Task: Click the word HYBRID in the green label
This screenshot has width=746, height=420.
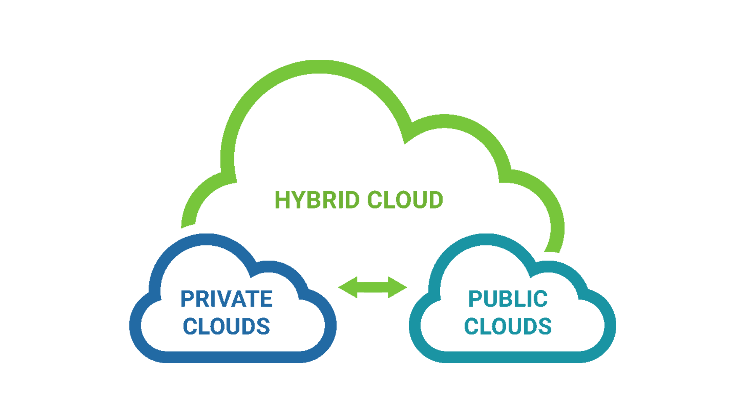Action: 317,200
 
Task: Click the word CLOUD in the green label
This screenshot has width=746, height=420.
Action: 405,200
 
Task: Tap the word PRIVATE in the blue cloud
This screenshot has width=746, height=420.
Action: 227,299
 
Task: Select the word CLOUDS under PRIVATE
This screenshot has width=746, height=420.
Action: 227,326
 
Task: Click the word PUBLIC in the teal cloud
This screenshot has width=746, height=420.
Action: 508,299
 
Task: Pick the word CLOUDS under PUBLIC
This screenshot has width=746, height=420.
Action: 508,326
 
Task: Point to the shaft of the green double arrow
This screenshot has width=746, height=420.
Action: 373,287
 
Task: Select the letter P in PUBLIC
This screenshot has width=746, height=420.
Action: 476,299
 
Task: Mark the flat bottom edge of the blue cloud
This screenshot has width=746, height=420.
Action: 233,357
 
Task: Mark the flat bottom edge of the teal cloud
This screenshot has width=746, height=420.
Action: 513,357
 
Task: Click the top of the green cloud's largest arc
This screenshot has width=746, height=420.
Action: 319,66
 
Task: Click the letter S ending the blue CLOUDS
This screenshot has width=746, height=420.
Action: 263,326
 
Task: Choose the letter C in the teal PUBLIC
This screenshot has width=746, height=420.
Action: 541,299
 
